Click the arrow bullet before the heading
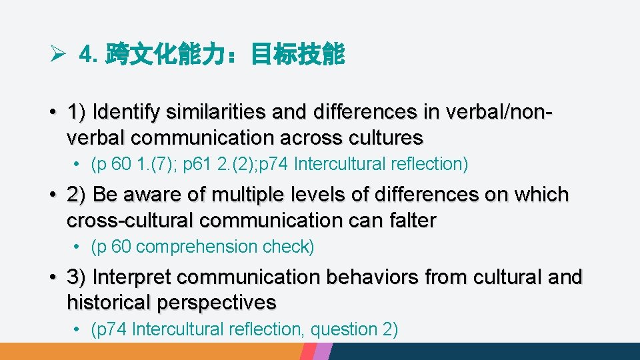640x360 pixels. (57, 55)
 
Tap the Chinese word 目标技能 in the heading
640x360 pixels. (297, 55)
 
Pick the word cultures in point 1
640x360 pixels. (390, 137)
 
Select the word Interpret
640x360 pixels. (133, 277)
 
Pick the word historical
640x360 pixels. (109, 302)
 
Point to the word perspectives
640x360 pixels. (217, 302)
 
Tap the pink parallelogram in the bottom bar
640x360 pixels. (323, 351)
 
